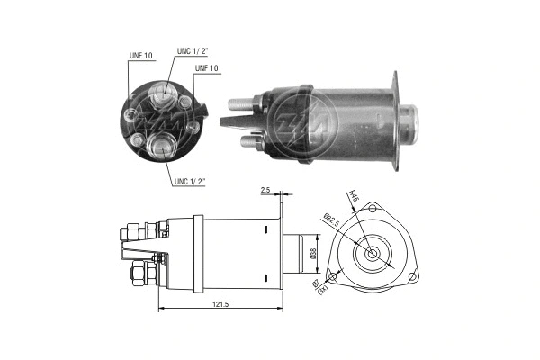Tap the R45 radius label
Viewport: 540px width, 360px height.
pyautogui.click(x=354, y=197)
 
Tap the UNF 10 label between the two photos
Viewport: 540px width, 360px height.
pyautogui.click(x=208, y=68)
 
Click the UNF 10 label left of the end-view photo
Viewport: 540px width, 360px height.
pyautogui.click(x=141, y=56)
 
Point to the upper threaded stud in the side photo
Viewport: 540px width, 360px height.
pyautogui.click(x=244, y=103)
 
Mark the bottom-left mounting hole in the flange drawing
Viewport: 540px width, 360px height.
pyautogui.click(x=331, y=270)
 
